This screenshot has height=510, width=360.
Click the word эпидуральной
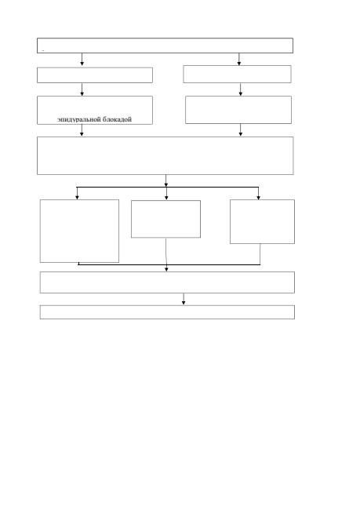tap(79, 120)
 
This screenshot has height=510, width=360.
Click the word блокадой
tap(118, 119)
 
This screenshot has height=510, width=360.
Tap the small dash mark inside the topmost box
tap(43, 51)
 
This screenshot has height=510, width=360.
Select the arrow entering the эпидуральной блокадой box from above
tap(82, 89)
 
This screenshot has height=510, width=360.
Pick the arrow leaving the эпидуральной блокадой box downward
tap(82, 130)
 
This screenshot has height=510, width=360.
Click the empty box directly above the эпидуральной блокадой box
tap(95, 75)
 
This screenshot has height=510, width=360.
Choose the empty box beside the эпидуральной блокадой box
tap(238, 110)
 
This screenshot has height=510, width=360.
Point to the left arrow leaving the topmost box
tap(82, 59)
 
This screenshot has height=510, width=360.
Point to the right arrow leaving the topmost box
tap(239, 59)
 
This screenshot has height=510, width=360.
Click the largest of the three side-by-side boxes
tap(79, 231)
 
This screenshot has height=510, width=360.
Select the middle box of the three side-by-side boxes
tap(165, 219)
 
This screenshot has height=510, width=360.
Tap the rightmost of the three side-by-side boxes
tap(263, 221)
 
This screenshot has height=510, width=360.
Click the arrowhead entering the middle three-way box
tap(166, 198)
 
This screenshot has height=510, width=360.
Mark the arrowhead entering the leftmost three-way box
tap(77, 197)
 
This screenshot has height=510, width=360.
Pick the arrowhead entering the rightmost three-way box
tap(259, 197)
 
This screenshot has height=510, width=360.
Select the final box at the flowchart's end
tap(167, 312)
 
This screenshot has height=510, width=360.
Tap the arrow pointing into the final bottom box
tap(184, 299)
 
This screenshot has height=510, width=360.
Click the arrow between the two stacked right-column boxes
tap(241, 89)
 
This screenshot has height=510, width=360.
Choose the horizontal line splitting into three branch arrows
tap(168, 188)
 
